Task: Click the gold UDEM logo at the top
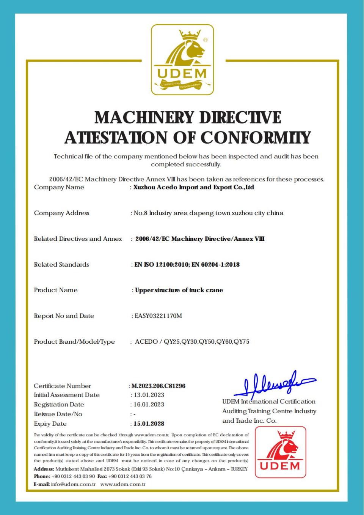tap(182, 60)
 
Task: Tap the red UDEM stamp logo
tap(280, 452)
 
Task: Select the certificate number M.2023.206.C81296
tap(158, 386)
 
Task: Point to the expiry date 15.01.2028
tap(149, 423)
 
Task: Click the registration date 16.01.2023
tap(149, 404)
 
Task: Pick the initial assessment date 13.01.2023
tap(149, 395)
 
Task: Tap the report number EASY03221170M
tap(158, 316)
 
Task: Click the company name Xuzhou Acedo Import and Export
tap(193, 187)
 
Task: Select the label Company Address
tap(61, 213)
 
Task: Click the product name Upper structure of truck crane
tap(179, 290)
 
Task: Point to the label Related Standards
tap(61, 265)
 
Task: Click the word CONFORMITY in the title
tap(256, 137)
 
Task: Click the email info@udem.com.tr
tap(73, 484)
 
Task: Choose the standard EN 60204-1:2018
tap(216, 265)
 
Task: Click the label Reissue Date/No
tap(58, 414)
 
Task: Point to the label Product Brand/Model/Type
tap(74, 342)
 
